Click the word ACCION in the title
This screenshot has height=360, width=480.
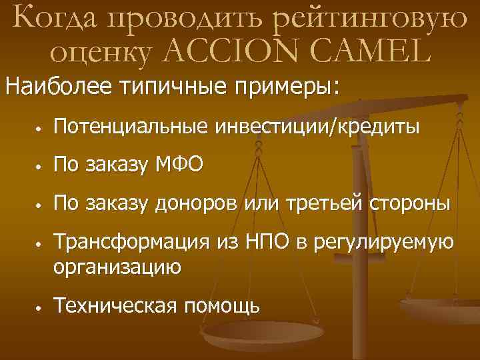[221, 50]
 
